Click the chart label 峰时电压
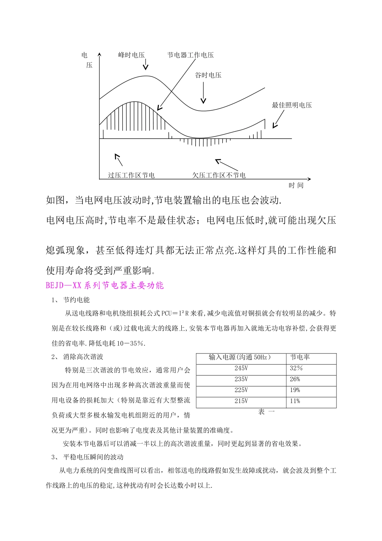pyautogui.click(x=131, y=55)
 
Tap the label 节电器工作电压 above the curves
pyautogui.click(x=191, y=55)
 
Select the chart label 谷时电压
pyautogui.click(x=208, y=75)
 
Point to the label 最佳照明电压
pyautogui.click(x=292, y=105)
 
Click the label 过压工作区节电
pyautogui.click(x=131, y=175)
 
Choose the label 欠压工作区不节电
pyautogui.click(x=219, y=175)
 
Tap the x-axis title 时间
pyautogui.click(x=296, y=185)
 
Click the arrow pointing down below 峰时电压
pyautogui.click(x=146, y=64)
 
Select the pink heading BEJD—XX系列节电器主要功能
pyautogui.click(x=105, y=285)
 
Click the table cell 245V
pyautogui.click(x=241, y=368)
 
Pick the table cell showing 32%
pyautogui.click(x=296, y=368)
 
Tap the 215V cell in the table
pyautogui.click(x=241, y=401)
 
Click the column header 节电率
pyautogui.click(x=300, y=357)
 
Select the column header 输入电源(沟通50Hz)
pyautogui.click(x=240, y=357)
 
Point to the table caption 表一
pyautogui.click(x=266, y=412)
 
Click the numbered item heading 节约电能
pyautogui.click(x=76, y=300)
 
